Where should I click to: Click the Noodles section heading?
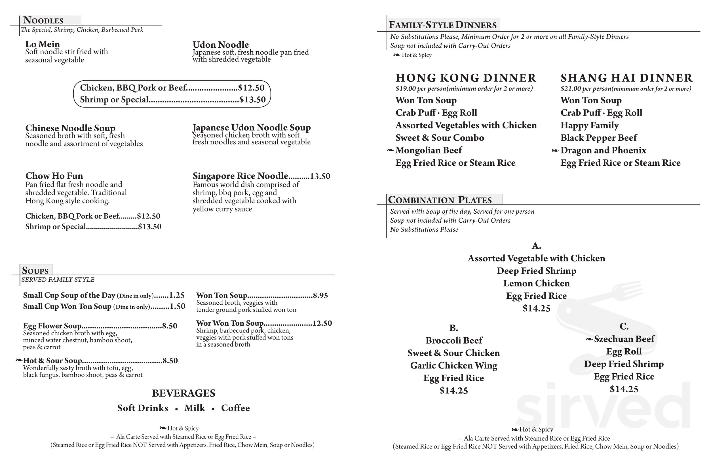coord(43,20)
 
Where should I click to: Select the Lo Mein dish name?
coord(43,44)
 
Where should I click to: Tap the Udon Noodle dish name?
coord(220,45)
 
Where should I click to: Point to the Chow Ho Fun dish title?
coord(54,176)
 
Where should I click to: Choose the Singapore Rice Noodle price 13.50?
coord(320,176)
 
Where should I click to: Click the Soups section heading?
coord(35,271)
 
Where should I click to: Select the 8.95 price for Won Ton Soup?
coord(320,296)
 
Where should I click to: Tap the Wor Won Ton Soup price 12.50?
coord(322,323)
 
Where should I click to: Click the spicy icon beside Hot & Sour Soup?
coord(19,360)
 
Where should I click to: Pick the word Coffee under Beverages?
coord(235,408)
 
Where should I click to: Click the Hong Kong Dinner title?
coord(466,78)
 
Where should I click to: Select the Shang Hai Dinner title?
coord(626,78)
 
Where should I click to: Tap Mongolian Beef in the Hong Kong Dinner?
coord(429,150)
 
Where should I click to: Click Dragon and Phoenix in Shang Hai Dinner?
coord(603,150)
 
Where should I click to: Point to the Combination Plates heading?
coord(440,200)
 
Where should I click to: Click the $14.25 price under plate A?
coord(536,308)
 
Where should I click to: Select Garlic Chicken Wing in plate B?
coord(453,365)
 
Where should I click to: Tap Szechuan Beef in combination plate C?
coord(624,339)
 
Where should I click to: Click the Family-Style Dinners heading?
coord(442,25)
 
